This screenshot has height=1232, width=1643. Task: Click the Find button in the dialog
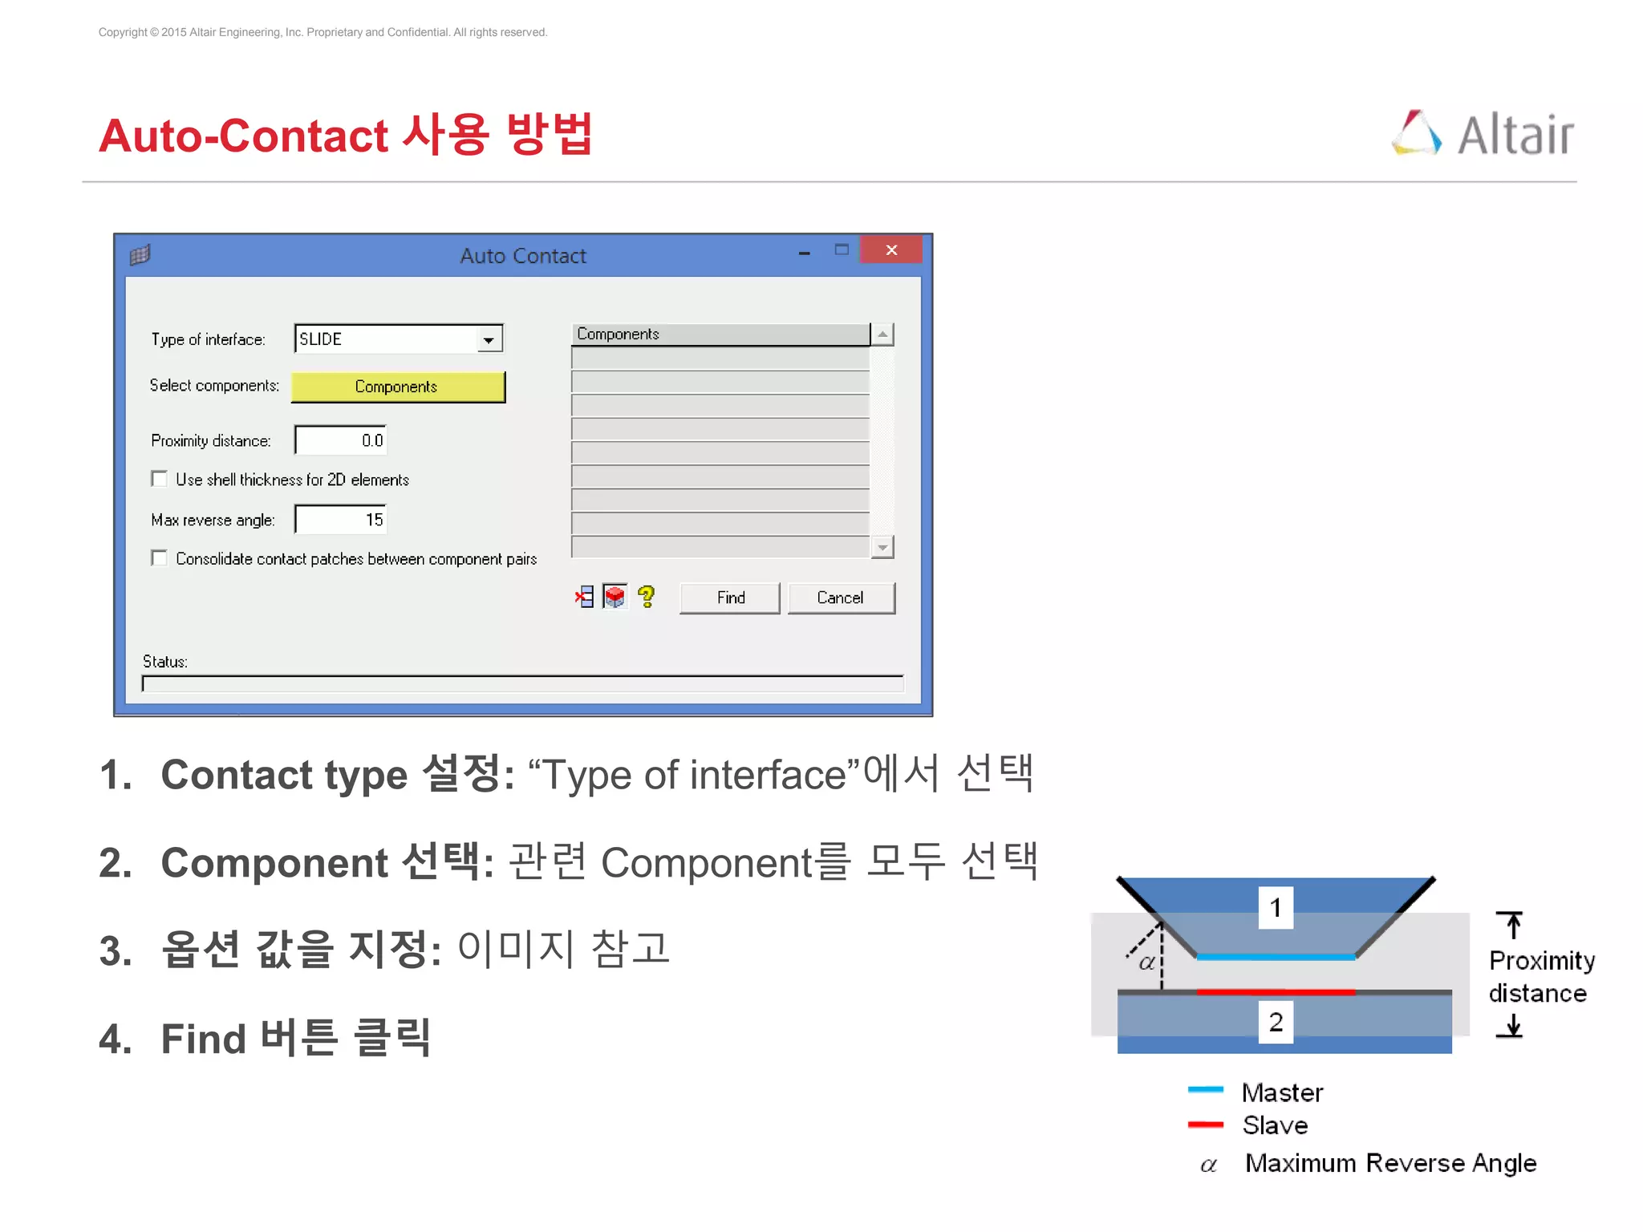(x=729, y=598)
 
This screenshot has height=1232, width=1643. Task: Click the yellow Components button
(x=397, y=387)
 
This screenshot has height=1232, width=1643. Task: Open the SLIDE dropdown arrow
(x=489, y=340)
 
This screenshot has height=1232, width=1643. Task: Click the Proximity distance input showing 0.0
(x=341, y=440)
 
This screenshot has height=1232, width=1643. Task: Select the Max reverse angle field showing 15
(x=341, y=520)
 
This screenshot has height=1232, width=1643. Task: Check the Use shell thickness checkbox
(x=159, y=479)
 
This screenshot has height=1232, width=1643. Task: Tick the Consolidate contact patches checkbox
(x=159, y=558)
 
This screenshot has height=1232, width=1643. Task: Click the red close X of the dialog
(x=890, y=250)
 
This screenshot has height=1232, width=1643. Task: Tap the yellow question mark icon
(x=647, y=596)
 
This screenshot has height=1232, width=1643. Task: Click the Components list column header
(x=720, y=334)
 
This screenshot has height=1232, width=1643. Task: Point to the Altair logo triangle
(x=1416, y=133)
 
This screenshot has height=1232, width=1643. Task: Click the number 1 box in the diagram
(x=1275, y=907)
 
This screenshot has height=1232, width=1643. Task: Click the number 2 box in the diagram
(x=1275, y=1021)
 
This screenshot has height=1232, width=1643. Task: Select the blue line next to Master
(x=1205, y=1089)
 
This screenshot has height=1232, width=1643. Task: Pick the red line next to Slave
(x=1205, y=1125)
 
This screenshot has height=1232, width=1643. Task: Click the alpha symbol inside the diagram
(x=1147, y=962)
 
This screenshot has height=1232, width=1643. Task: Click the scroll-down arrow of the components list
(x=882, y=547)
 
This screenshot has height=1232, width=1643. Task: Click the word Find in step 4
(x=203, y=1039)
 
